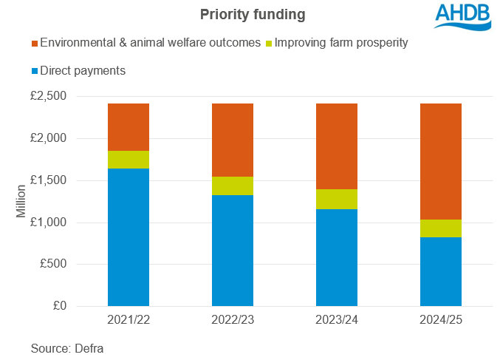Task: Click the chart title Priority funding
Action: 249,14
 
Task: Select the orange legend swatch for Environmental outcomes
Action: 32,43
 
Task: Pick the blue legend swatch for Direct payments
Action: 32,71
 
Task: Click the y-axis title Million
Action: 21,201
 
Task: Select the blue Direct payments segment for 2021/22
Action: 129,237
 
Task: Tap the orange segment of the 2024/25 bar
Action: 441,161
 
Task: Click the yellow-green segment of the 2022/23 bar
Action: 233,186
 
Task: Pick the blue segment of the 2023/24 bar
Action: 337,257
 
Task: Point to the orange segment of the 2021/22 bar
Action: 129,127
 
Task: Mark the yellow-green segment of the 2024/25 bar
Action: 441,228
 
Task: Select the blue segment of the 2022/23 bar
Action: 233,251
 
